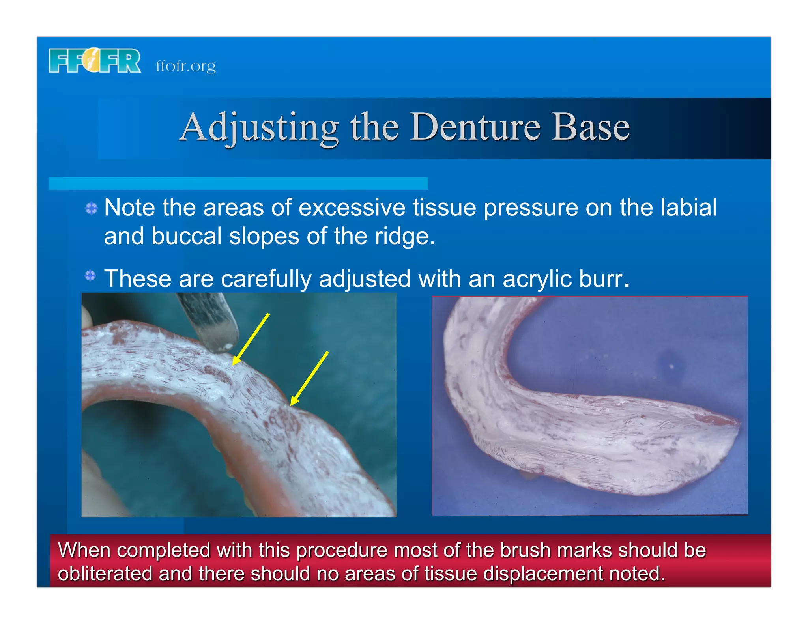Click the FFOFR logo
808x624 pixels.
click(95, 61)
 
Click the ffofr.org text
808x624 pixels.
click(186, 66)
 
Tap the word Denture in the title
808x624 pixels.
click(475, 127)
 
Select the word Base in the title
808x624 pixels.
click(590, 127)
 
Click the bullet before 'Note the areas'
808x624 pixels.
click(91, 208)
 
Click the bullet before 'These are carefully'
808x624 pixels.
click(90, 275)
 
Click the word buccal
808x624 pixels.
click(186, 236)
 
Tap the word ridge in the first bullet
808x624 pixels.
click(404, 236)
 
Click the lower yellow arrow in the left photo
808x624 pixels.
click(309, 378)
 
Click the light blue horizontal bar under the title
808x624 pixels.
click(238, 183)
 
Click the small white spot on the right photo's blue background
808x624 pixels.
click(671, 366)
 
